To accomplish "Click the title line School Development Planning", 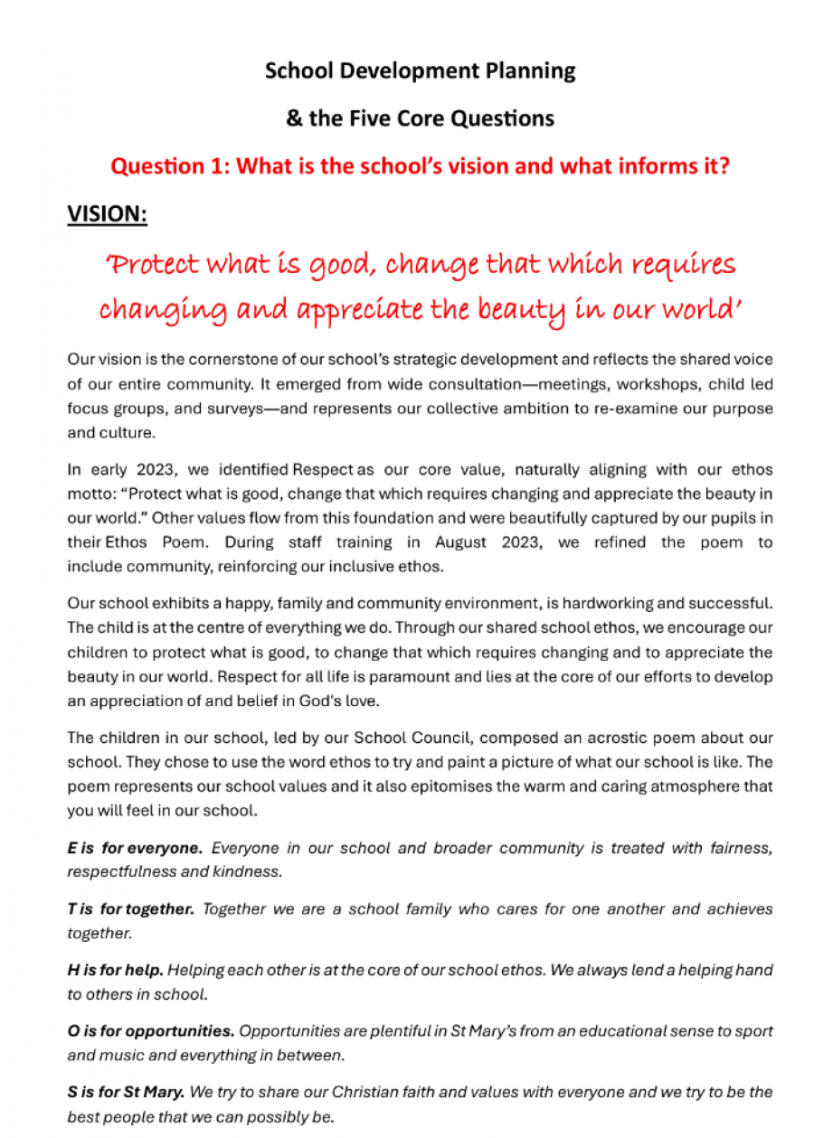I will (x=420, y=71).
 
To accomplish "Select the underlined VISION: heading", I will (x=107, y=214).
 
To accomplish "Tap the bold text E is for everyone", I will (x=135, y=848).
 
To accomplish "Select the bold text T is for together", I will (x=130, y=909).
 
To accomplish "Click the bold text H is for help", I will (x=115, y=971).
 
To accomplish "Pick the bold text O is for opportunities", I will (x=150, y=1031).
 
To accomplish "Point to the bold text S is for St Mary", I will (x=123, y=1093).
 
